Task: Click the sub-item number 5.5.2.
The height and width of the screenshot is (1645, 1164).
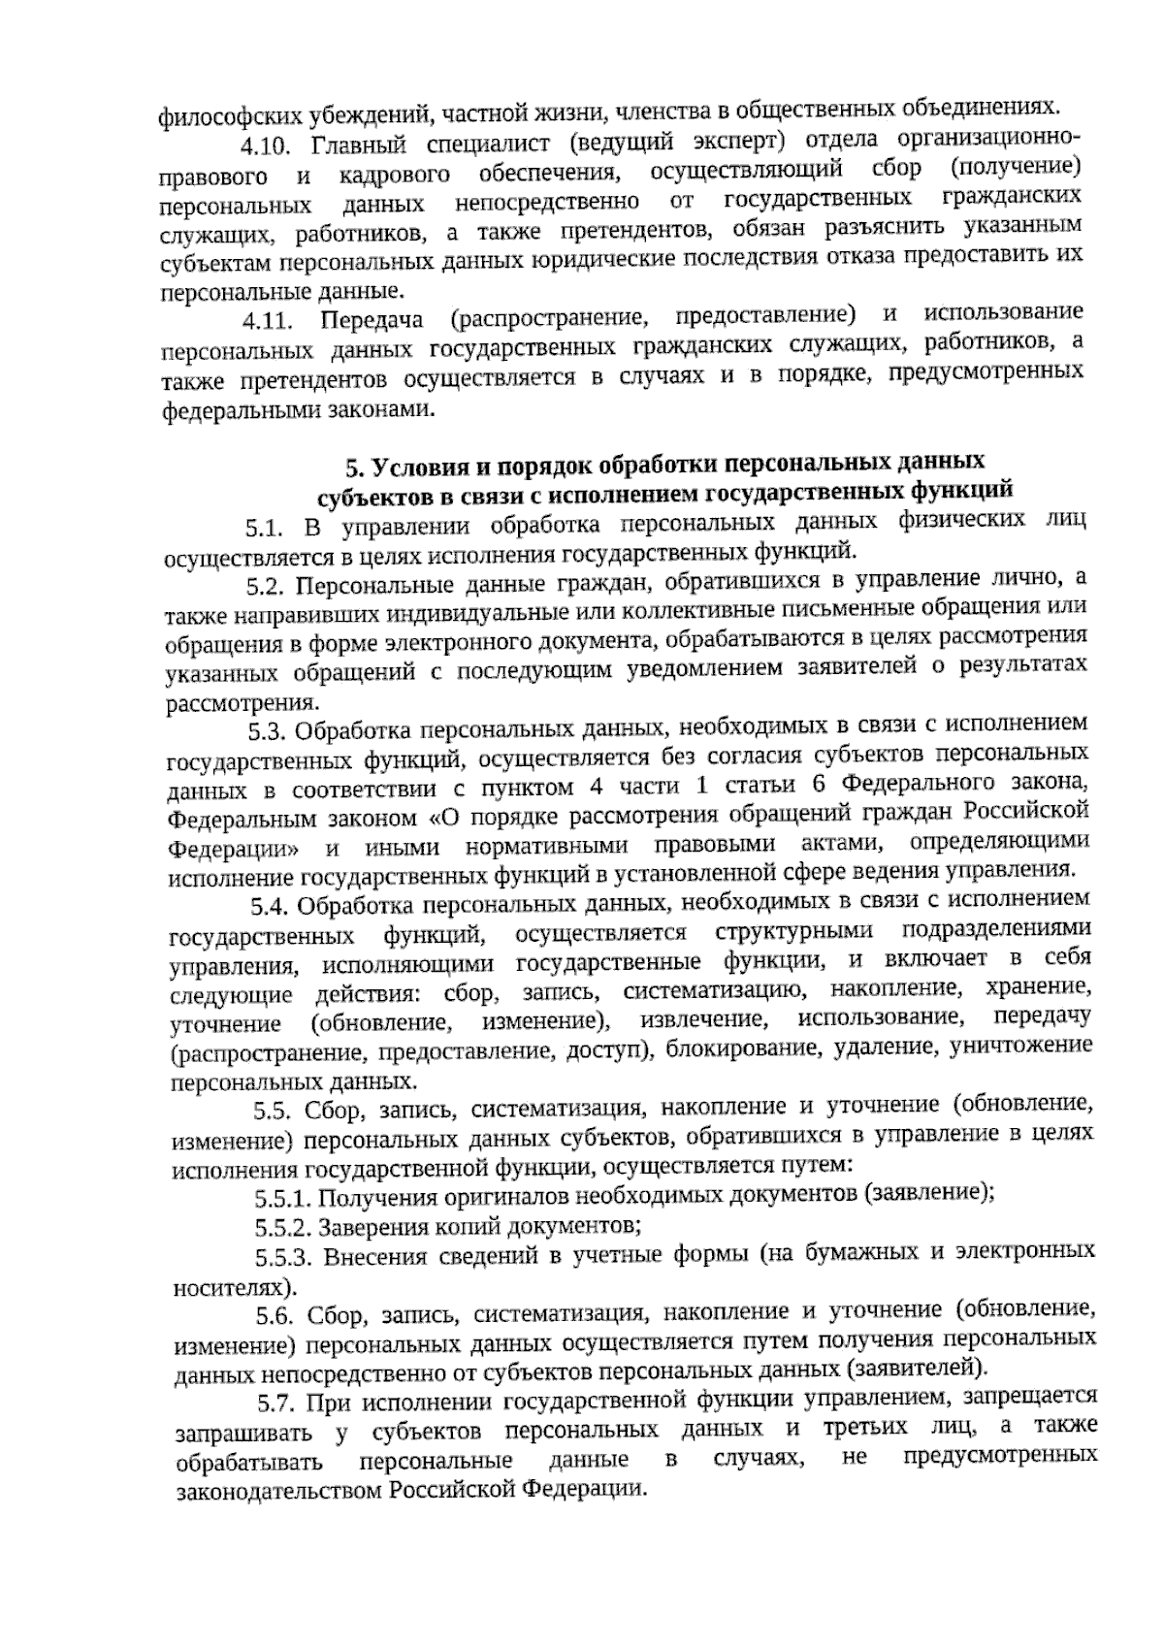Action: tap(284, 1227)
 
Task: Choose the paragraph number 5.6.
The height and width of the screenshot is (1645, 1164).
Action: tap(275, 1315)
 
